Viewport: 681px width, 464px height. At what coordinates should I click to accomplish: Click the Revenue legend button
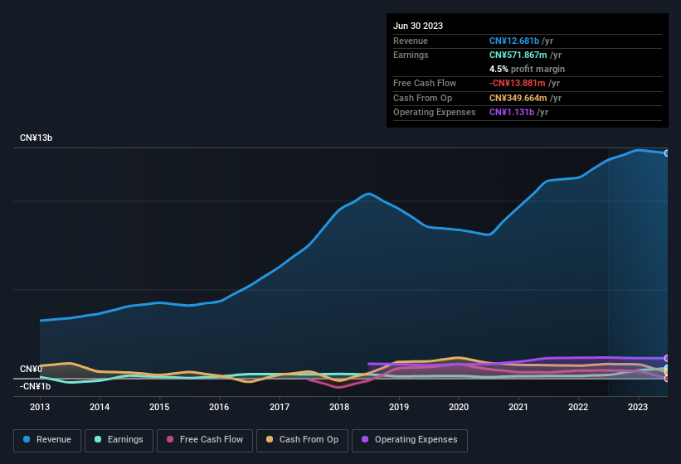(x=47, y=440)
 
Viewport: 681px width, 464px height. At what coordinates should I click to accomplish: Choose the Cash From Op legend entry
(x=302, y=440)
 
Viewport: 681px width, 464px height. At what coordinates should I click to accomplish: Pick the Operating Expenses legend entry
(x=409, y=440)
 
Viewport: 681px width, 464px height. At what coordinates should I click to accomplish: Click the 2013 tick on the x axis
(x=40, y=407)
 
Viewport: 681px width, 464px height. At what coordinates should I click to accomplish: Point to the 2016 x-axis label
(x=219, y=407)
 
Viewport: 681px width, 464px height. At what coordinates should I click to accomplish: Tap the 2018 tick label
(x=338, y=407)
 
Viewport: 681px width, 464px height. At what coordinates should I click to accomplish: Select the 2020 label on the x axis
(x=458, y=407)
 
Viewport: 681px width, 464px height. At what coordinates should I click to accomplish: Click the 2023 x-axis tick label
(x=637, y=407)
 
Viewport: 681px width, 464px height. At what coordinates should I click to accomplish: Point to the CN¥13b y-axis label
(x=36, y=138)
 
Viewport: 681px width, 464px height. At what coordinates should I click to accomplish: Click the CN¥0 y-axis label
(x=31, y=369)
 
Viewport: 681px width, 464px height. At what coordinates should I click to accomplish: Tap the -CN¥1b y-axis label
(x=36, y=386)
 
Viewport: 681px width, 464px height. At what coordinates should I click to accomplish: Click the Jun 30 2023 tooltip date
(x=418, y=26)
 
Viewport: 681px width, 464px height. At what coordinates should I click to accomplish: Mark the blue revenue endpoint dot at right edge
(x=667, y=153)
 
